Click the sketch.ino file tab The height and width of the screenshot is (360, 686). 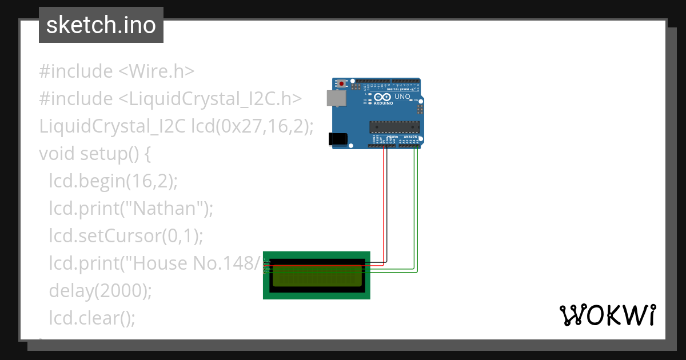coord(101,25)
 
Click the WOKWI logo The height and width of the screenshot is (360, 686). coord(607,315)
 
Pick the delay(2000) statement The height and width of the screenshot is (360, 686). coord(100,291)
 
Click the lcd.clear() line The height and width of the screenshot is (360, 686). coord(92,318)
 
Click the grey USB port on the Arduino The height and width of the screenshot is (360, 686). coord(336,98)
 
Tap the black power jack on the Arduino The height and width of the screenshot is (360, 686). coord(337,139)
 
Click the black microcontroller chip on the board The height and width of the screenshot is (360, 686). coord(394,126)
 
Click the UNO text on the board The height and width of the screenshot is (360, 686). coord(402,97)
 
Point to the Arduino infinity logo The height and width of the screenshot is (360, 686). coord(379,98)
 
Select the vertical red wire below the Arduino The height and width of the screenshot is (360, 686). coord(383,206)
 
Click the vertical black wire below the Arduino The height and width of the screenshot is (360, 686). coord(387,206)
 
